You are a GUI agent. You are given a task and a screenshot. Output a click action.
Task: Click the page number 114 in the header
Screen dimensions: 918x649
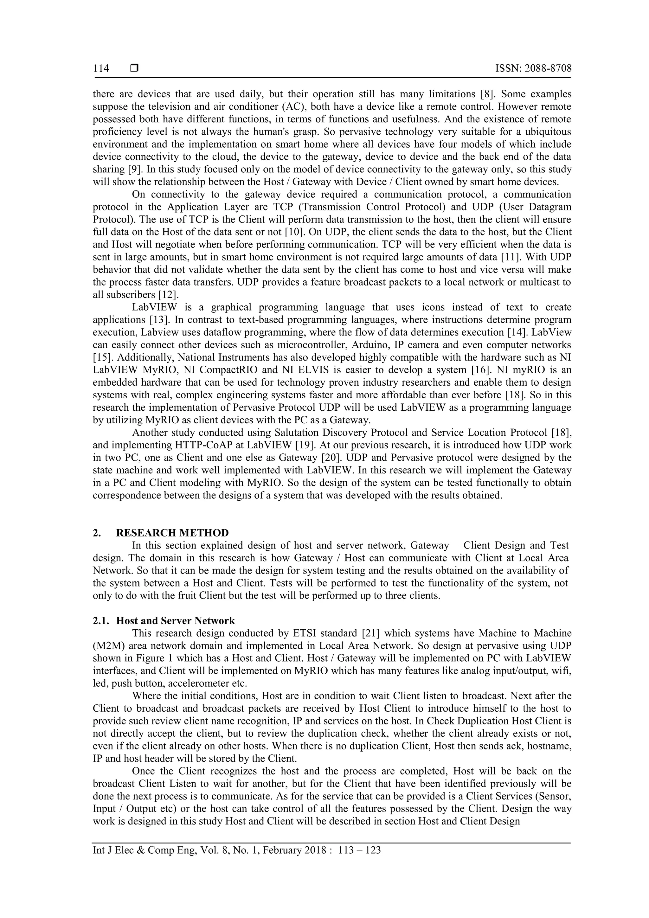(101, 68)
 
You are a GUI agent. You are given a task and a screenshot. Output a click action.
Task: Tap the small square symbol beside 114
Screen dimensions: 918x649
(134, 68)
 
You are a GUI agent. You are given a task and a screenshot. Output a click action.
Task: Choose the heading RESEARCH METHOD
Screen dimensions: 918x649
(172, 533)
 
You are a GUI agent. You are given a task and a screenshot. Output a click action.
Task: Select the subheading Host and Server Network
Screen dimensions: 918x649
(176, 620)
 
